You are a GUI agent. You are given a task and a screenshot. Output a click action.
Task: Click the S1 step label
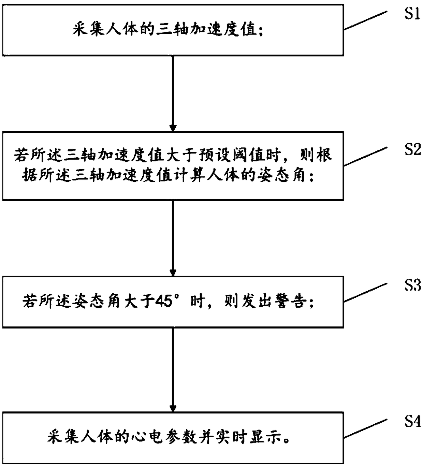(x=412, y=14)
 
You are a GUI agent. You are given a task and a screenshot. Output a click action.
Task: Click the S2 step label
(x=412, y=149)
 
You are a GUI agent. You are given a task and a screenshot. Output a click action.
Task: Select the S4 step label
(x=412, y=422)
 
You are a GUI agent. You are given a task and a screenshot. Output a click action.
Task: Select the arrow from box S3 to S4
(x=173, y=370)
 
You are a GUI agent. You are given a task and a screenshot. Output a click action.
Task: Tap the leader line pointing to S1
(x=366, y=21)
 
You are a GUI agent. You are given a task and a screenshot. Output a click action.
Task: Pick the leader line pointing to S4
(x=366, y=428)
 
